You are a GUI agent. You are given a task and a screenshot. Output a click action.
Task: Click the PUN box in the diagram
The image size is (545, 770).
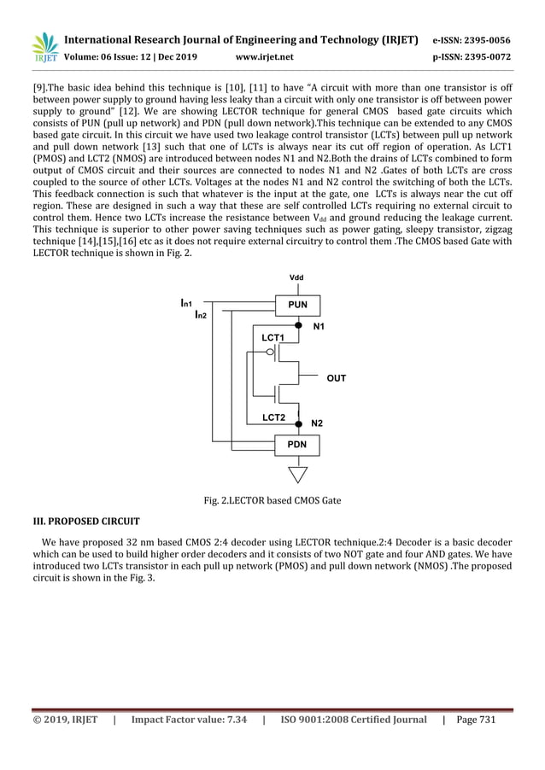pos(297,304)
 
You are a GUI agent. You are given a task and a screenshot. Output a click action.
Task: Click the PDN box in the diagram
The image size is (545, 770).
pos(297,445)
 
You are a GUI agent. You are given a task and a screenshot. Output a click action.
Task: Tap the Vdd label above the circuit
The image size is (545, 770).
pos(297,278)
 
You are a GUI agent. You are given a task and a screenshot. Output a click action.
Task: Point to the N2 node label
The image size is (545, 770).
pos(317,423)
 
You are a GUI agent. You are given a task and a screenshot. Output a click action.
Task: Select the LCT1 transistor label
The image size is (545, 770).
pos(273,339)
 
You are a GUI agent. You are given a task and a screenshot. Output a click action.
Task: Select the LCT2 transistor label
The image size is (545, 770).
pos(273,417)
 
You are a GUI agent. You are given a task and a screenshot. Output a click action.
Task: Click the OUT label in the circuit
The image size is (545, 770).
pos(337,377)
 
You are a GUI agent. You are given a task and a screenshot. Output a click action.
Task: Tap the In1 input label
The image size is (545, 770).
pos(186,303)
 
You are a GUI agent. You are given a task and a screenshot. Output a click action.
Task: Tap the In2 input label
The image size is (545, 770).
pos(201,315)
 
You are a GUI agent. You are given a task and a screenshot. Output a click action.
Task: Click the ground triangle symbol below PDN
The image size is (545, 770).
pos(297,474)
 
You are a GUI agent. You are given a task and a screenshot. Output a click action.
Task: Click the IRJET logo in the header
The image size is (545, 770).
pos(43,47)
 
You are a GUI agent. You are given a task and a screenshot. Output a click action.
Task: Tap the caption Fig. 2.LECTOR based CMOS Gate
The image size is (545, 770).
pos(272,500)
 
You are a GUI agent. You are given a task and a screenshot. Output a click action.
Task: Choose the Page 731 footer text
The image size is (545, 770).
pos(476,720)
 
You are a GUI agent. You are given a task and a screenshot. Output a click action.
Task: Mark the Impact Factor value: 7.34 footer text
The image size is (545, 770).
pos(189,720)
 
